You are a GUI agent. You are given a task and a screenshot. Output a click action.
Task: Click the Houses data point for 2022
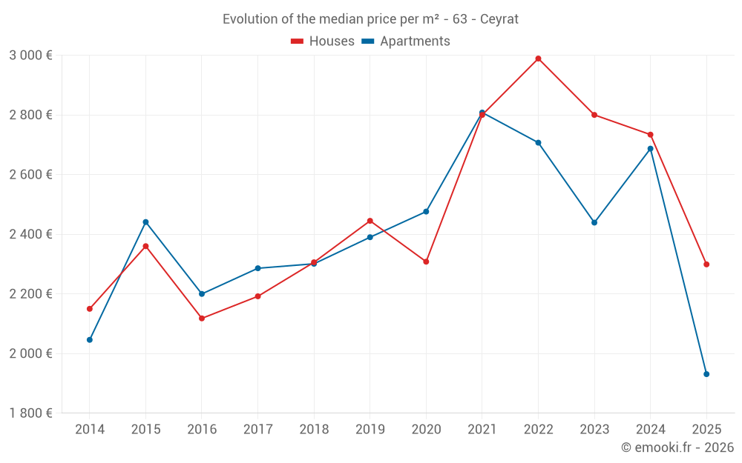coord(538,59)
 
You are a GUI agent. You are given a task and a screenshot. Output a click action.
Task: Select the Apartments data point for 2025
coord(706,374)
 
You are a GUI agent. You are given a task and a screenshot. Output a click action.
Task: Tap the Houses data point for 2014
coord(90,309)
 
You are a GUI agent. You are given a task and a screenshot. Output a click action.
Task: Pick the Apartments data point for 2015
coord(145,222)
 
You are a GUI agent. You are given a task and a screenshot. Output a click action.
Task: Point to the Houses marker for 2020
coord(426,262)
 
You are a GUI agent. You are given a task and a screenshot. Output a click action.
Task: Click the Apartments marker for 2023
coord(594,222)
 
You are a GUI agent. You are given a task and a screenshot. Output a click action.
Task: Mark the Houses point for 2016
coord(202,319)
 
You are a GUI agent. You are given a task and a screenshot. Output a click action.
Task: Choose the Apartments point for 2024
coord(651,149)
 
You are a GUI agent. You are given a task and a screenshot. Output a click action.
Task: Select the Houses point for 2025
coord(706,264)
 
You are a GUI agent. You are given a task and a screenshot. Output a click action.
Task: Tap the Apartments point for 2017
coord(257,268)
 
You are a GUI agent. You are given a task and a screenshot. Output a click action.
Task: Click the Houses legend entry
coord(323,41)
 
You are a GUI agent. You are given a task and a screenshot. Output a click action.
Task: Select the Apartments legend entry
coord(406,41)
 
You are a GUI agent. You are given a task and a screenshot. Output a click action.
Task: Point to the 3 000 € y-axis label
coord(30,56)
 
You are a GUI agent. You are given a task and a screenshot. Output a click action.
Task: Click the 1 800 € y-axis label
coord(30,413)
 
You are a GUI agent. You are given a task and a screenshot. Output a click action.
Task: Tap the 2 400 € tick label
coord(30,234)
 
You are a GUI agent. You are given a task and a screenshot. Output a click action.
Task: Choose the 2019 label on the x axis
coord(370,430)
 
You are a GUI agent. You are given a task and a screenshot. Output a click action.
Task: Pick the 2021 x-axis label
coord(482,430)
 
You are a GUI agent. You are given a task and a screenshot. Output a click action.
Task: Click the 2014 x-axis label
coord(90,430)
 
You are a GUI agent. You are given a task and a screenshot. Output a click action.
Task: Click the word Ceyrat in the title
coord(499,19)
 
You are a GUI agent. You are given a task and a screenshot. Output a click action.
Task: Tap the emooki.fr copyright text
coord(677,447)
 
